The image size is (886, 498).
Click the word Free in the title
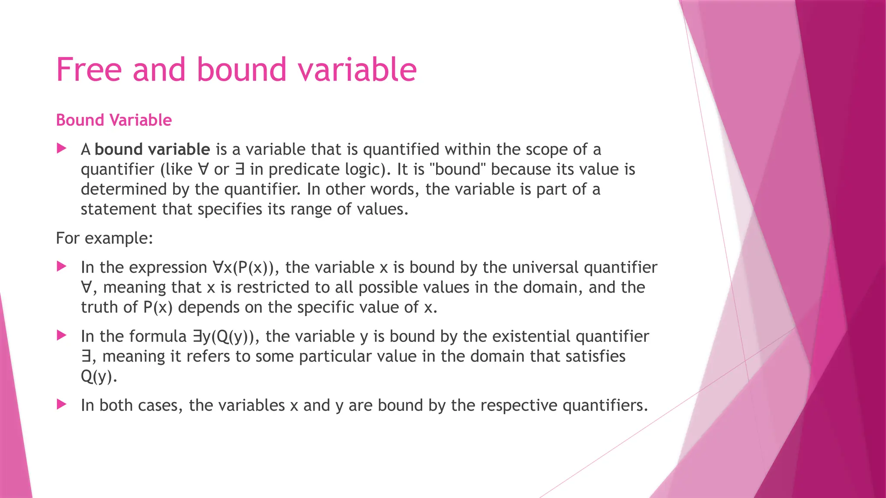(x=89, y=70)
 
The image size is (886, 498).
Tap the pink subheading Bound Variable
(x=114, y=120)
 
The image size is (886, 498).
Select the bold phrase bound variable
(x=152, y=150)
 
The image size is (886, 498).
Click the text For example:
(x=104, y=238)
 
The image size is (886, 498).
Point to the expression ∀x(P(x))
(x=243, y=268)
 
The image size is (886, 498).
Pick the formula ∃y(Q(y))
(x=224, y=336)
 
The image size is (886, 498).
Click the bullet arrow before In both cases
(x=61, y=405)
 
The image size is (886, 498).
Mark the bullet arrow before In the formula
(x=61, y=335)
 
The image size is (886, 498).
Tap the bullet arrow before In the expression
(x=61, y=267)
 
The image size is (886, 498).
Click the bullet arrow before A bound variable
(x=61, y=149)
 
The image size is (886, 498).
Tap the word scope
(x=546, y=150)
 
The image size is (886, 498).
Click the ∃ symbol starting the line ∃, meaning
(x=86, y=357)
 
